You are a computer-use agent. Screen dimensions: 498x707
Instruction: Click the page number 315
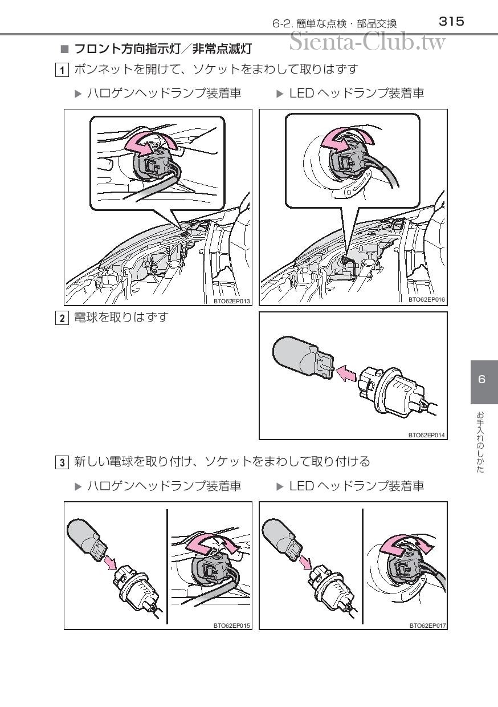pyautogui.click(x=451, y=22)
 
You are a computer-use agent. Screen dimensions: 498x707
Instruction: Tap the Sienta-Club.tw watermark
pyautogui.click(x=368, y=42)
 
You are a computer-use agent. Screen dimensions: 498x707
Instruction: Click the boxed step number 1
pyautogui.click(x=62, y=70)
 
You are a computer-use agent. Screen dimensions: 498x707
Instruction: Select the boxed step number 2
pyautogui.click(x=62, y=318)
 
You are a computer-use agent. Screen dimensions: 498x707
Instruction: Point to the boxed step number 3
pyautogui.click(x=62, y=463)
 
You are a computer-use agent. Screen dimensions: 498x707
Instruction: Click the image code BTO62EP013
pyautogui.click(x=232, y=301)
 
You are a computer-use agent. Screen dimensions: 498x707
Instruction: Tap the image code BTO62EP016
pyautogui.click(x=427, y=299)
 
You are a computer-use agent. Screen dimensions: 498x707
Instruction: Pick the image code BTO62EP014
pyautogui.click(x=427, y=435)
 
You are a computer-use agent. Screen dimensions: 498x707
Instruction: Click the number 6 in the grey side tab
pyautogui.click(x=481, y=379)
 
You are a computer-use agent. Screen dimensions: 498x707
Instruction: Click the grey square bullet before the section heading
pyautogui.click(x=64, y=49)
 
